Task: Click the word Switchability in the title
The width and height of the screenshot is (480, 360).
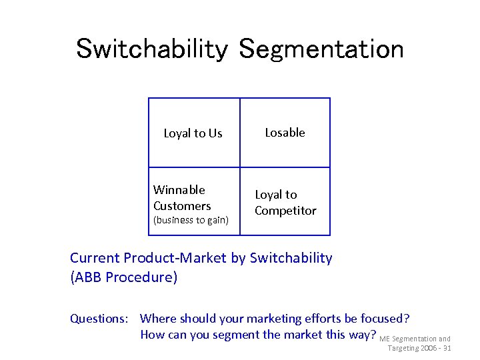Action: pos(153,49)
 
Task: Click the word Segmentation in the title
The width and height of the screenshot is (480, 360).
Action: pos(321,49)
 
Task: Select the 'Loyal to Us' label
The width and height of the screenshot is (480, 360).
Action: pos(193,133)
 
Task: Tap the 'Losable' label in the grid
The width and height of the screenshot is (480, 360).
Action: pos(285,133)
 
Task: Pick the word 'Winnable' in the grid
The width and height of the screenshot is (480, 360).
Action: pos(179,190)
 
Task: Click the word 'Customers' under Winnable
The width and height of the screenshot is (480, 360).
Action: pos(182,206)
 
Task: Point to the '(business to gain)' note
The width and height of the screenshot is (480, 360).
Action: pos(191,221)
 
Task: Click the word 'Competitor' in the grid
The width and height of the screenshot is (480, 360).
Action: pos(285,211)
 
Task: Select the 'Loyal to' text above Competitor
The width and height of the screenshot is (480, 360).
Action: pos(276,195)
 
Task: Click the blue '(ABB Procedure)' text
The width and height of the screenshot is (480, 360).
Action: pos(124,277)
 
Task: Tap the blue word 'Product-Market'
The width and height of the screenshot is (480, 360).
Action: pos(171,258)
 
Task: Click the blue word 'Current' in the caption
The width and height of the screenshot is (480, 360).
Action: pos(95,258)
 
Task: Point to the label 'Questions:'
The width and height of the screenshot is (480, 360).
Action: pos(101,319)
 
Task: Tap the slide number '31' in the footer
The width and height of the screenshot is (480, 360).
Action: pos(447,348)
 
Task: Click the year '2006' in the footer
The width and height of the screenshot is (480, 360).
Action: pos(429,348)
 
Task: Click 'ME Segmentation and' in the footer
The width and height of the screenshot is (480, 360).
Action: pos(415,339)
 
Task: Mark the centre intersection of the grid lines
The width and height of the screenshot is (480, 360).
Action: pos(240,167)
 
